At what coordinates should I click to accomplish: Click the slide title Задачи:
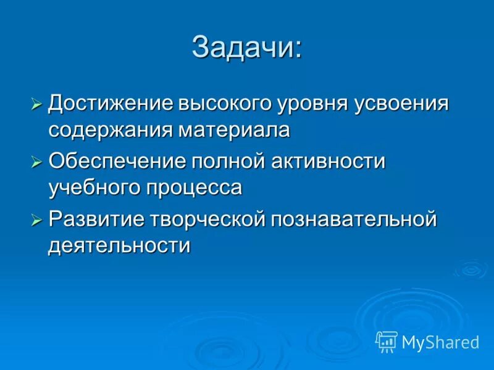click(247, 47)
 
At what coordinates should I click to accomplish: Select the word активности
click(329, 161)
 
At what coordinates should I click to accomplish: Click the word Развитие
click(97, 218)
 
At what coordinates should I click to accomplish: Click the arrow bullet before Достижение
click(36, 104)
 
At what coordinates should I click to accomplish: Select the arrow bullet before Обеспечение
click(36, 162)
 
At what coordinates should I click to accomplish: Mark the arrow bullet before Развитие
click(36, 220)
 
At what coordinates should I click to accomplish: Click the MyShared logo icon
click(387, 341)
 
